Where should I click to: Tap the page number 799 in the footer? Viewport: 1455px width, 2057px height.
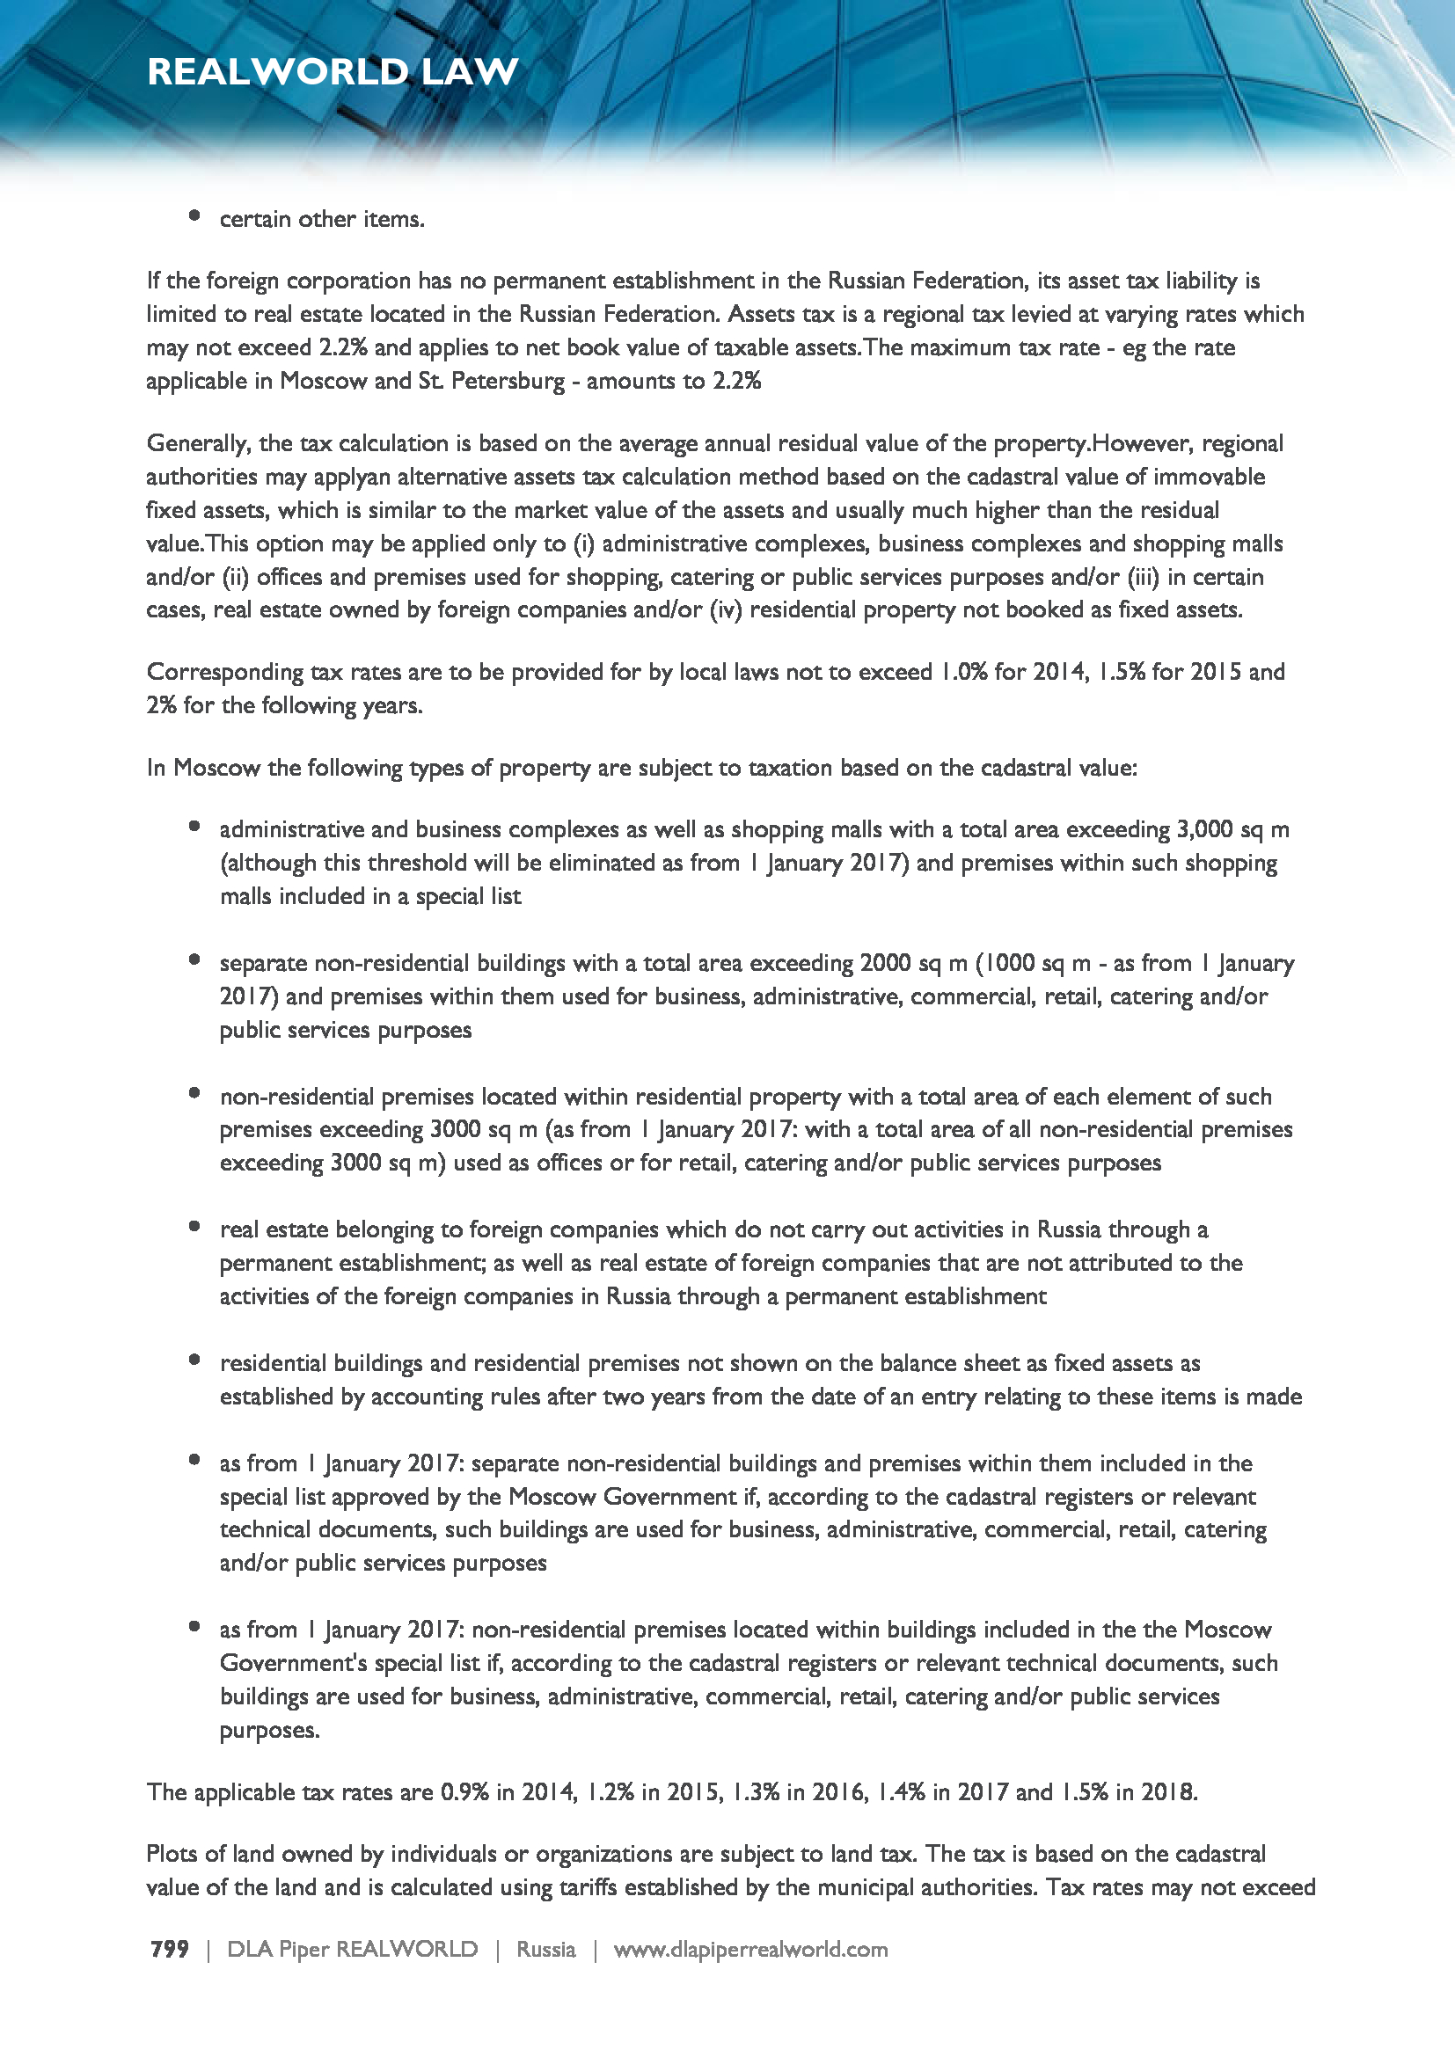pos(169,1949)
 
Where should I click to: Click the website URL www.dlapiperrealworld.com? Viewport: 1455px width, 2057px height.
pos(749,1949)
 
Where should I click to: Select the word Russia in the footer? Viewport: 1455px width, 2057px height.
pos(545,1949)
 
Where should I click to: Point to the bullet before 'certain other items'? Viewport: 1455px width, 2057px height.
pos(194,215)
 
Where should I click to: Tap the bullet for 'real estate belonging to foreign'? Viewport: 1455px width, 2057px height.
pos(194,1227)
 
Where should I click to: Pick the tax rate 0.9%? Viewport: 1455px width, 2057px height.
pos(464,1791)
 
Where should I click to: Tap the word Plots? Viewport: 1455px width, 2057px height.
pos(174,1854)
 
